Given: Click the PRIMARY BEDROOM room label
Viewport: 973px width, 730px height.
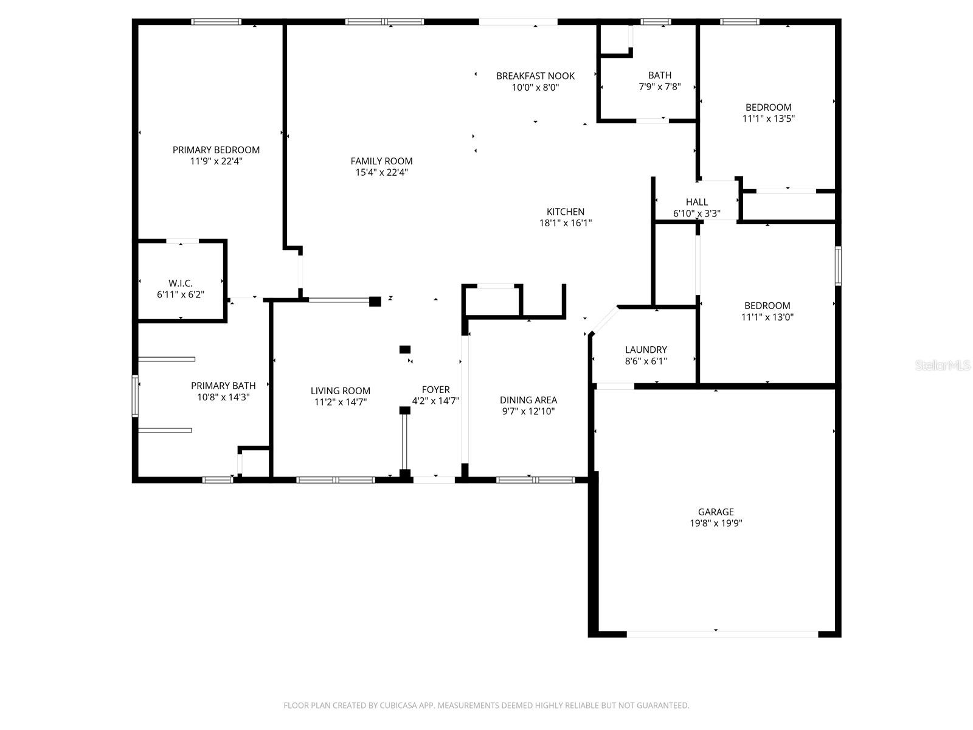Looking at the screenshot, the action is pos(216,150).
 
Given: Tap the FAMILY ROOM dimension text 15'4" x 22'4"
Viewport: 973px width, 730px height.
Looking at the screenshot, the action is pos(381,172).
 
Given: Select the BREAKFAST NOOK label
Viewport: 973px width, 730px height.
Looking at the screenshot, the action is pos(535,76).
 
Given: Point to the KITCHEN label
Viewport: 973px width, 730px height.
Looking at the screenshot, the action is pos(565,212).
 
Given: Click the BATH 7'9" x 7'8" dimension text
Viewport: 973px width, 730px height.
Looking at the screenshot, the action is pos(660,87).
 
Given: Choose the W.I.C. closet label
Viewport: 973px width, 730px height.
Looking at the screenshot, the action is pos(181,283).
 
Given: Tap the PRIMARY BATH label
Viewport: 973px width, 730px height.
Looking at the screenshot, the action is pos(223,386).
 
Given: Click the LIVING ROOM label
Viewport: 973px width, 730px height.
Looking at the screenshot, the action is pos(340,391).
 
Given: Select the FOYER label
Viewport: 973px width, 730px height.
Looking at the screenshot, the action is pos(435,389).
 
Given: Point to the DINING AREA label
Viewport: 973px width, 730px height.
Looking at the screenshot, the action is pos(528,400).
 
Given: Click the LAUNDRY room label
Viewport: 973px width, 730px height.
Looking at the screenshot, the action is pos(646,349).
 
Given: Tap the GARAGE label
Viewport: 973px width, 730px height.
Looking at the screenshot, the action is pos(715,512).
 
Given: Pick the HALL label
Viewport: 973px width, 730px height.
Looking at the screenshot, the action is pos(696,202).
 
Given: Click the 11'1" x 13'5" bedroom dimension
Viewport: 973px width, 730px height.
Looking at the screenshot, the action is pos(768,119).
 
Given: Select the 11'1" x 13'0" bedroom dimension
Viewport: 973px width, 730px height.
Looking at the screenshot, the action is pos(767,317).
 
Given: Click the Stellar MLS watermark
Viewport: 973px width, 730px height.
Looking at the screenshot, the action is pos(942,365).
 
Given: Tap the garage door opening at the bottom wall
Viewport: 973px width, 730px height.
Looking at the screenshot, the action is pos(722,634).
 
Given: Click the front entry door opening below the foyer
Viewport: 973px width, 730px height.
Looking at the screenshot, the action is pos(434,479).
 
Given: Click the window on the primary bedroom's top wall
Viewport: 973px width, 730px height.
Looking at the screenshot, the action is pos(216,22).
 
